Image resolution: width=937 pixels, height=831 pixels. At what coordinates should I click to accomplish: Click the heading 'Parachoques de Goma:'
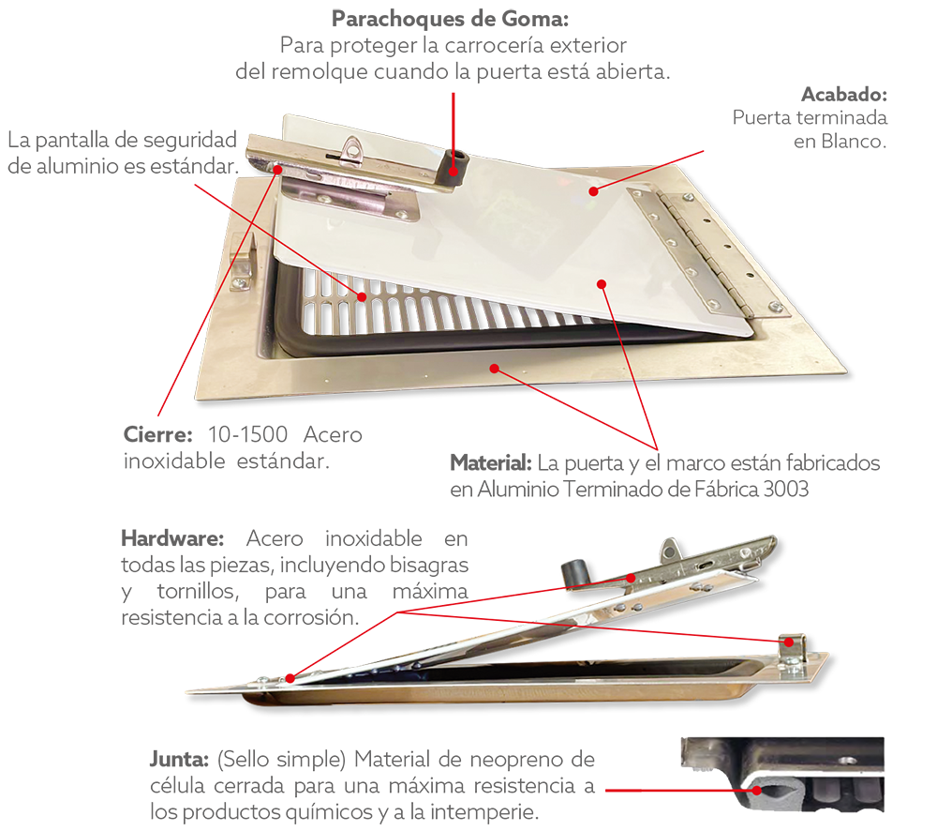tap(450, 19)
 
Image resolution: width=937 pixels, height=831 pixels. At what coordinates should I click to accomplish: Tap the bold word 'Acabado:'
tap(844, 95)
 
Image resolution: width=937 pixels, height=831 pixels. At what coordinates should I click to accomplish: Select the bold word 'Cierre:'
tap(157, 434)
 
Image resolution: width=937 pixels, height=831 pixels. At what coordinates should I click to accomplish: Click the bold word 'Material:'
tap(491, 462)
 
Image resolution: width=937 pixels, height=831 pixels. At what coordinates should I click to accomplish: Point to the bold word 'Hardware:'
tap(172, 538)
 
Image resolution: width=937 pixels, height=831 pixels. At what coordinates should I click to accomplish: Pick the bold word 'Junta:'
tap(179, 759)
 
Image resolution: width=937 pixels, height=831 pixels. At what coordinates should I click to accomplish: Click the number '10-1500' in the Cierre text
tap(248, 434)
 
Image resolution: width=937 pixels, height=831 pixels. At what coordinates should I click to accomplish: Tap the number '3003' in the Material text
tap(786, 490)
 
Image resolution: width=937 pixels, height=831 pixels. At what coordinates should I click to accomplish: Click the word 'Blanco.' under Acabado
tap(854, 142)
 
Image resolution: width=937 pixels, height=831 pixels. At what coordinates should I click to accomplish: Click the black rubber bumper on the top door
tap(454, 166)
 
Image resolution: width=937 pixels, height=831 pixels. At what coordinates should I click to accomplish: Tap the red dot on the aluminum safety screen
tap(362, 297)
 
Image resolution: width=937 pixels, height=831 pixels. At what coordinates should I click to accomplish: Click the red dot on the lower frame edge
tap(494, 368)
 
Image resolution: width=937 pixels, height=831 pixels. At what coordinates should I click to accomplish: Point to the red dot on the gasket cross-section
tap(757, 790)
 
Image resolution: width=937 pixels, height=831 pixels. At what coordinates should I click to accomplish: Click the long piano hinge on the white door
tap(708, 251)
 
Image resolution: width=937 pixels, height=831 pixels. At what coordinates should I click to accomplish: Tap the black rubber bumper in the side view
tap(575, 573)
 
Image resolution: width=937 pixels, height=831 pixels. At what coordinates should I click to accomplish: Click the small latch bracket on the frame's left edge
tap(243, 264)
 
